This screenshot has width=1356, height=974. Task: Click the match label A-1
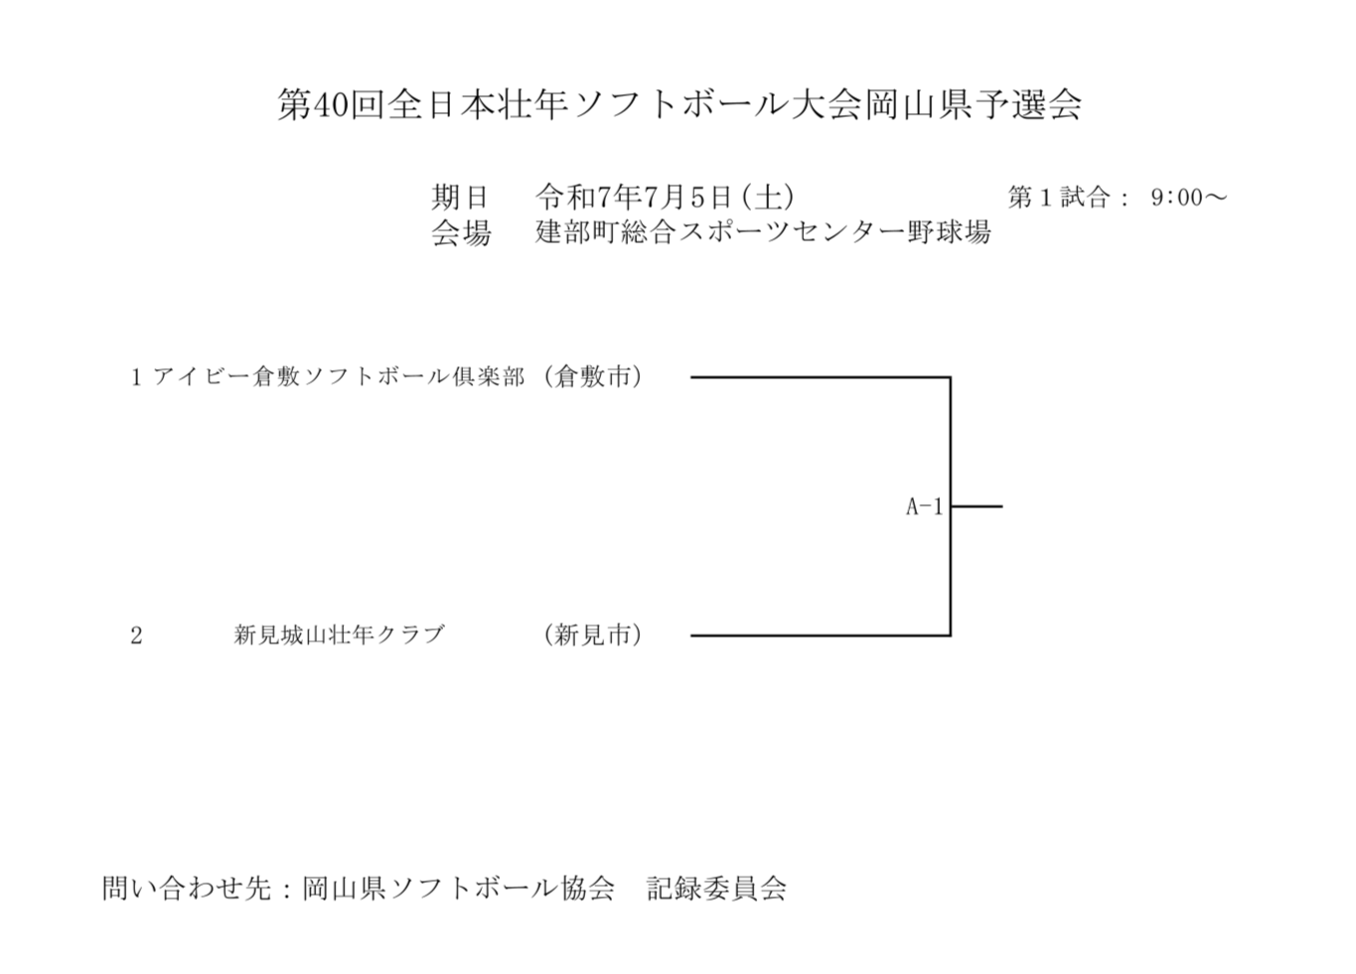pos(925,507)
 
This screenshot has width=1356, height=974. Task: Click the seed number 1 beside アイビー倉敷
pos(136,378)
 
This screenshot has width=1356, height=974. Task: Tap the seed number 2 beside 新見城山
pos(136,635)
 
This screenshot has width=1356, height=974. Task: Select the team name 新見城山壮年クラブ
pos(340,635)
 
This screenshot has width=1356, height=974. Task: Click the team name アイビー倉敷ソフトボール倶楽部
pos(339,377)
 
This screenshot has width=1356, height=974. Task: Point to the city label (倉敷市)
pos(593,377)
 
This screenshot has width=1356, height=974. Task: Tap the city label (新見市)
pos(593,635)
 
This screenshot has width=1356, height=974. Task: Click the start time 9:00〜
pos(1189,198)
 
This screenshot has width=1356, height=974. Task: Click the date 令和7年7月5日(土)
pos(665,197)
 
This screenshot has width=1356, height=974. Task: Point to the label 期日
pos(460,197)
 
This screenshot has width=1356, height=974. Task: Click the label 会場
pos(460,233)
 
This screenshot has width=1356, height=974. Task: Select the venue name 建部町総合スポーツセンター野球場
pos(763,232)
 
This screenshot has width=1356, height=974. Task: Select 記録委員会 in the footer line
pos(717,889)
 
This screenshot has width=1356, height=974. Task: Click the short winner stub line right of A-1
pos(977,506)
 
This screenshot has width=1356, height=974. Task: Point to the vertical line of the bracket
pos(951,506)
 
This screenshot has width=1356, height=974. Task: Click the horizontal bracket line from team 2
pos(821,635)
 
